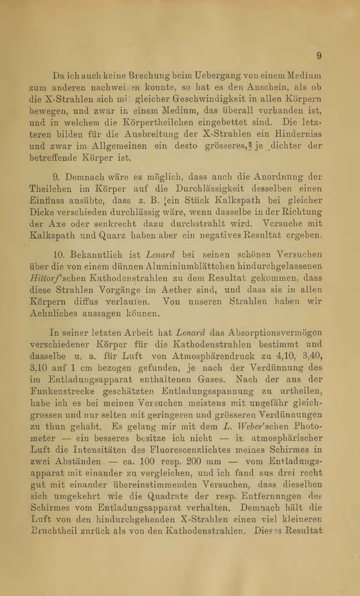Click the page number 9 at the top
[x=319, y=56]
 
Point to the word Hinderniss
[x=299, y=134]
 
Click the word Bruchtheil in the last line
[x=55, y=532]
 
